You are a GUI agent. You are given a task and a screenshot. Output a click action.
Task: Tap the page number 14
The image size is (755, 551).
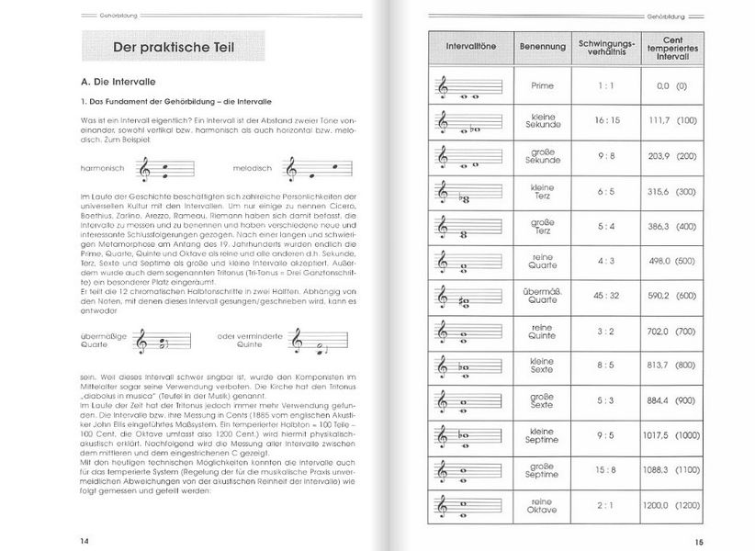coord(85,539)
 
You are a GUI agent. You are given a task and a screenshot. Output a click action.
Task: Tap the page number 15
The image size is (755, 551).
coord(697,539)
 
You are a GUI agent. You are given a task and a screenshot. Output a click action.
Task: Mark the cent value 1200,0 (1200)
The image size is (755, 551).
coord(670,504)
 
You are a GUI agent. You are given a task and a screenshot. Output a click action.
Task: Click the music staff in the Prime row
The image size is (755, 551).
coord(469,88)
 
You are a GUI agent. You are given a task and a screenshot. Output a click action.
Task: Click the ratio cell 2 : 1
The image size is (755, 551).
coord(604,504)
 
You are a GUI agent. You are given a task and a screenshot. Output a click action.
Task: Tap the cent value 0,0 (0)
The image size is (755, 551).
coord(670,85)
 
